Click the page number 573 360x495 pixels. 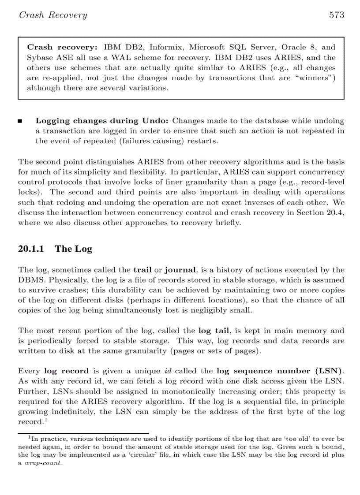[336, 15]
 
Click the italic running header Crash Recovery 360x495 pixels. [53, 15]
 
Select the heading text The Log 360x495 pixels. [74, 249]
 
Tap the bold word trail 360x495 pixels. [142, 270]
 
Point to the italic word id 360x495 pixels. [168, 371]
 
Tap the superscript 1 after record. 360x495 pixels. [45, 420]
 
